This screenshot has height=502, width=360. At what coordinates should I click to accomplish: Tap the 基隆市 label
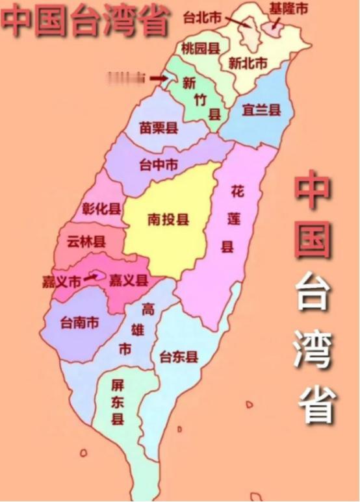[x=289, y=8]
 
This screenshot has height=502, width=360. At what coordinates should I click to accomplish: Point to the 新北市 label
[x=248, y=63]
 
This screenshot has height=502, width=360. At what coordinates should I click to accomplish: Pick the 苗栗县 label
[x=159, y=128]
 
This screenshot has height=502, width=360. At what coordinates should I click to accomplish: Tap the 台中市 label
[x=159, y=165]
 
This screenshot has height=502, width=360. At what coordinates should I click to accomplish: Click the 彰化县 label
[x=101, y=208]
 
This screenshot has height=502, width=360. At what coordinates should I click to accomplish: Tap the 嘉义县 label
[x=129, y=281]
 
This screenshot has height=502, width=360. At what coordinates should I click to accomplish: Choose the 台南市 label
[x=79, y=321]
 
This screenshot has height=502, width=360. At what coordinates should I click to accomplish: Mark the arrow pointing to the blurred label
[x=159, y=78]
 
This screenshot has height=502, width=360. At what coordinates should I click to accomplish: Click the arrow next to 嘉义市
[x=91, y=278]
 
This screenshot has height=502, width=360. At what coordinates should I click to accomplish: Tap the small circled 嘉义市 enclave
[x=100, y=275]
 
